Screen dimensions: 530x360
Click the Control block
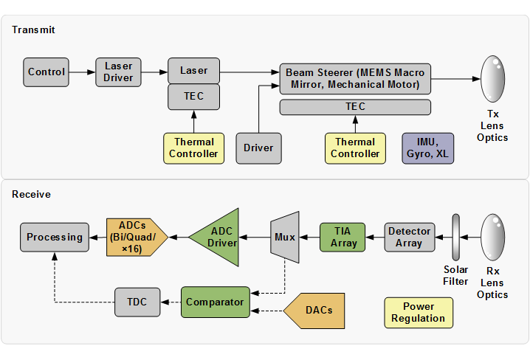tap(46, 72)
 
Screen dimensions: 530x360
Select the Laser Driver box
tap(118, 72)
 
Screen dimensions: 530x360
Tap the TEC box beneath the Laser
tap(193, 97)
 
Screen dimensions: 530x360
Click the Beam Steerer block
tap(355, 79)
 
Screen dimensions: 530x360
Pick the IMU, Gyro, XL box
tap(427, 148)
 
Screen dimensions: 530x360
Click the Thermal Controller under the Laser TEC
tap(193, 148)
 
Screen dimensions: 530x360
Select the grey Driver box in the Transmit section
tap(258, 148)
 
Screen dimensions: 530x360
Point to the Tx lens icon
tap(493, 79)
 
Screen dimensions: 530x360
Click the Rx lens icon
tap(493, 237)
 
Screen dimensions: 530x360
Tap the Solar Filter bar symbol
tap(456, 237)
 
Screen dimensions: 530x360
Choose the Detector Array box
tap(410, 237)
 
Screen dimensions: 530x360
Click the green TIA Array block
tap(343, 237)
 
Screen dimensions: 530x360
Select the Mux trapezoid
tap(285, 237)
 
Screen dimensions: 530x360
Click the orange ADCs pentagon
tap(137, 237)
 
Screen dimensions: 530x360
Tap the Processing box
tap(55, 237)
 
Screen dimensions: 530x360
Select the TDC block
tap(137, 302)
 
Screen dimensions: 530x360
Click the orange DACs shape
tap(314, 311)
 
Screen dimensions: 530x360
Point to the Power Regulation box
tap(419, 312)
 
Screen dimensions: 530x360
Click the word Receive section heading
tap(32, 194)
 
